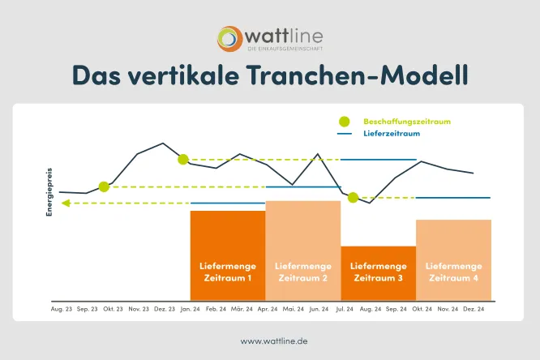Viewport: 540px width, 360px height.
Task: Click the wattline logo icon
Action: tap(230, 38)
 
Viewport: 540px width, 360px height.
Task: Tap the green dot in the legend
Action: tap(345, 121)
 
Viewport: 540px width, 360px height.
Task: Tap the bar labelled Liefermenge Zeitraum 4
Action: tap(453, 260)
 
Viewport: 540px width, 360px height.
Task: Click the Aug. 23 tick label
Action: tap(62, 309)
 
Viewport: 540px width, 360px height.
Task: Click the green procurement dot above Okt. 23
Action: tap(104, 186)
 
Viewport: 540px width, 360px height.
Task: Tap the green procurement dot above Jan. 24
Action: tap(183, 159)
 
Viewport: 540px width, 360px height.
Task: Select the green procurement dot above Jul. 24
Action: tap(353, 197)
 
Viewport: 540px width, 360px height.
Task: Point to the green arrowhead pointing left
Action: tap(66, 203)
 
